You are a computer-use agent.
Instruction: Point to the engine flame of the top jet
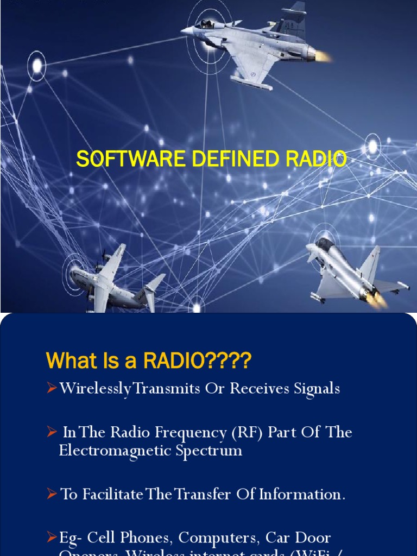click(323, 55)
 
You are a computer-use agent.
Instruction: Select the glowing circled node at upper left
click(37, 66)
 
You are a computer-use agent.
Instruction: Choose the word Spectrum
click(213, 451)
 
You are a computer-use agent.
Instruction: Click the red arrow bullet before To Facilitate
click(52, 494)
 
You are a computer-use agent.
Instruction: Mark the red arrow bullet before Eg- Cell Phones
click(52, 538)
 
